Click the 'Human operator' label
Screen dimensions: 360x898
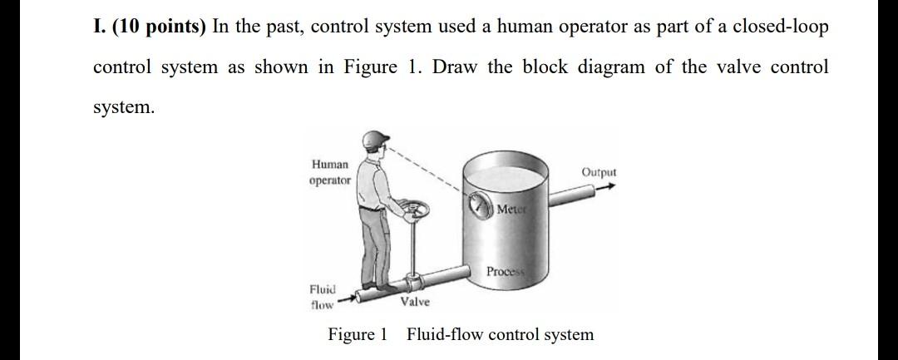click(330, 172)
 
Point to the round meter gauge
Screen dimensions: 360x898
click(480, 205)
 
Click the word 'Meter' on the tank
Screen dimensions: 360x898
click(511, 208)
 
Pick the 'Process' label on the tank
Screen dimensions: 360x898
click(505, 272)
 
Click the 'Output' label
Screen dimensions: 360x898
click(599, 172)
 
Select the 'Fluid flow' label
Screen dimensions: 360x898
click(322, 297)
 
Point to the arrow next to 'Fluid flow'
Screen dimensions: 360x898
click(348, 295)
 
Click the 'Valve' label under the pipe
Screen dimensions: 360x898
click(415, 302)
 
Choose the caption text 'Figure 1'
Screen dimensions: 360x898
click(358, 334)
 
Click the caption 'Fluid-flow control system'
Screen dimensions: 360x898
click(500, 334)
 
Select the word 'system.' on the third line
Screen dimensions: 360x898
click(123, 108)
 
